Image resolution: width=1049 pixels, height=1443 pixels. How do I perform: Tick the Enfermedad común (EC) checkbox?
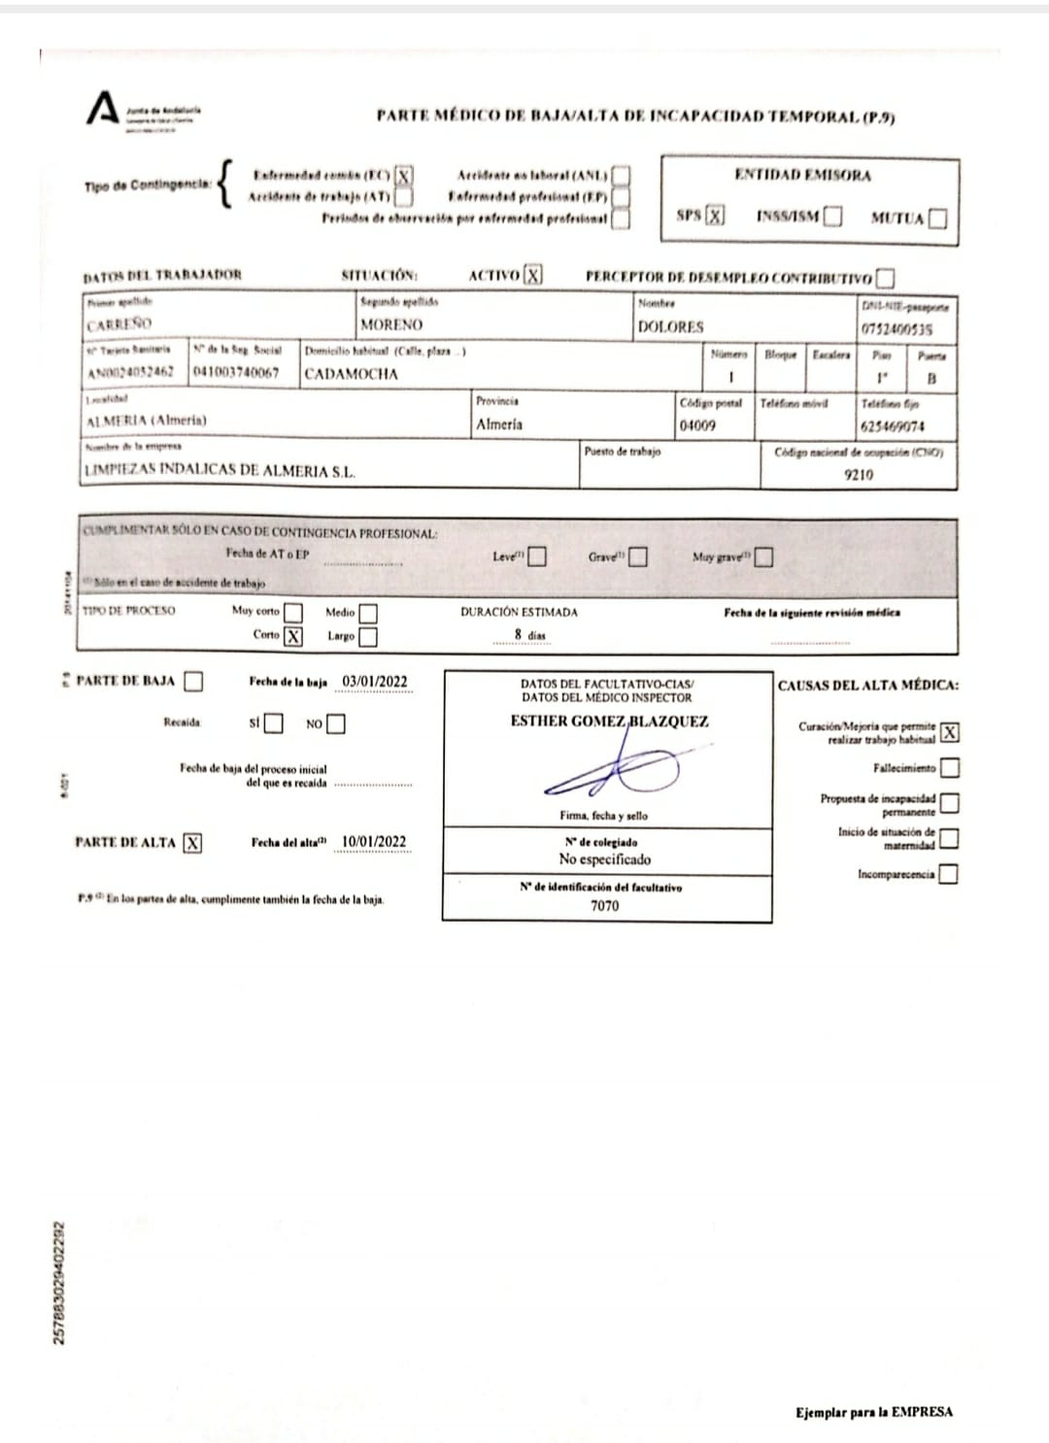[x=404, y=176]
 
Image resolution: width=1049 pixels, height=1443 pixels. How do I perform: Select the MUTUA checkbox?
[x=937, y=218]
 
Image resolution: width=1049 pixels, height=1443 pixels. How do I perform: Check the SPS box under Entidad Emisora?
[x=715, y=215]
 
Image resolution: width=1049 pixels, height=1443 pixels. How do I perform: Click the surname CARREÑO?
[x=119, y=324]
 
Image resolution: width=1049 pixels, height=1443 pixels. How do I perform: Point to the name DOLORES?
[x=670, y=327]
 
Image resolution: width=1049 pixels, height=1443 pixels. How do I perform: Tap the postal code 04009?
[x=697, y=425]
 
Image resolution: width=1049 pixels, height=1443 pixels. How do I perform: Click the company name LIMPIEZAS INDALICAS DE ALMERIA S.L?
[x=220, y=471]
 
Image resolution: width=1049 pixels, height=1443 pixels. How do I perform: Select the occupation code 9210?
[x=859, y=475]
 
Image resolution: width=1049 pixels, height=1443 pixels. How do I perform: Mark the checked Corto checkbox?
[x=292, y=636]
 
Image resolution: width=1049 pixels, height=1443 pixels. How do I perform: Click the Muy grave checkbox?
[x=764, y=557]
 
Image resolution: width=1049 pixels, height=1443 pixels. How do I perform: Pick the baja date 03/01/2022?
[x=375, y=682]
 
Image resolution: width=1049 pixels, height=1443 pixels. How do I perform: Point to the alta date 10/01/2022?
[x=374, y=842]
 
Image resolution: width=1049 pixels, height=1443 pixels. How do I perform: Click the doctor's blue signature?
[x=607, y=772]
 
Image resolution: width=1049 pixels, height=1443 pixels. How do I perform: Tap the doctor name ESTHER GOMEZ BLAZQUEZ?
[x=609, y=721]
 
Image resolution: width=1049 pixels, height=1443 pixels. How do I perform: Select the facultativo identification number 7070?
[x=604, y=906]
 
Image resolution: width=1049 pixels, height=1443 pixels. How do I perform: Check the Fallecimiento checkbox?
[x=950, y=768]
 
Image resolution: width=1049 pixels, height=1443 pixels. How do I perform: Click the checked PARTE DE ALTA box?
[x=192, y=843]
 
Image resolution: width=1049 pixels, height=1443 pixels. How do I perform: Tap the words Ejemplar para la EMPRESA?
[x=873, y=1412]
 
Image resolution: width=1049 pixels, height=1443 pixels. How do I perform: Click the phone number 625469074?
[x=893, y=426]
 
